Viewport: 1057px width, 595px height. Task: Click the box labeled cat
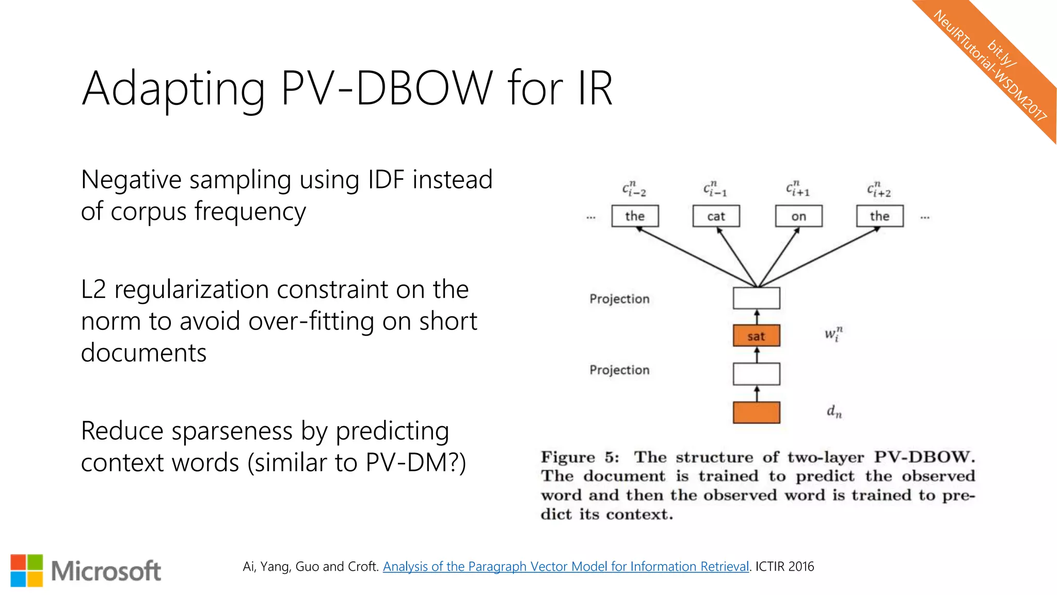tap(716, 216)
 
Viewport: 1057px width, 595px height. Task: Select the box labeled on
tap(798, 216)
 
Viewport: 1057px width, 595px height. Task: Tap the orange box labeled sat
tap(756, 336)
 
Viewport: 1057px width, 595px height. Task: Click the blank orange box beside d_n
tap(756, 412)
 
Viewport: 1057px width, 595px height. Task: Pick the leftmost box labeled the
tap(635, 216)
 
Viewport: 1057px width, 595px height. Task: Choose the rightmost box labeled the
tap(879, 216)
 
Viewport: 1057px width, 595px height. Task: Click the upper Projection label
tap(619, 299)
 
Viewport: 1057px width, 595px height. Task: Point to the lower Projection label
tap(619, 370)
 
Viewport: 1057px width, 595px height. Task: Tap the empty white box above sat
tap(756, 298)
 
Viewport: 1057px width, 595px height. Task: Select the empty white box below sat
tap(756, 374)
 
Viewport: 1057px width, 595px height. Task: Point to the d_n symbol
tap(834, 411)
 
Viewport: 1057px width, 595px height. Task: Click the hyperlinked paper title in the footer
tap(566, 567)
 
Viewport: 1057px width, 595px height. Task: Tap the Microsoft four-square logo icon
tap(27, 571)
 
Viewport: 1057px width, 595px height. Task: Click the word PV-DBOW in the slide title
tap(387, 88)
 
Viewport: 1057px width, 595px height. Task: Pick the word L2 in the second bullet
tap(93, 289)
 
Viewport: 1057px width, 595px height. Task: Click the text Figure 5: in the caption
tap(579, 457)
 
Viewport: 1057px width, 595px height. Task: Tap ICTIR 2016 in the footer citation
tap(784, 567)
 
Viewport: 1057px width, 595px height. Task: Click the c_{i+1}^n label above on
tap(797, 189)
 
